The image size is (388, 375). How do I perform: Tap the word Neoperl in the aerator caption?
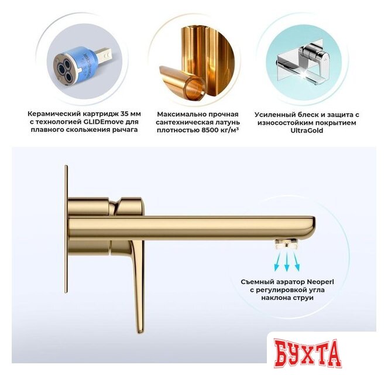click(x=331, y=281)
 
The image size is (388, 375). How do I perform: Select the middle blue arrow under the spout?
click(x=287, y=258)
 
